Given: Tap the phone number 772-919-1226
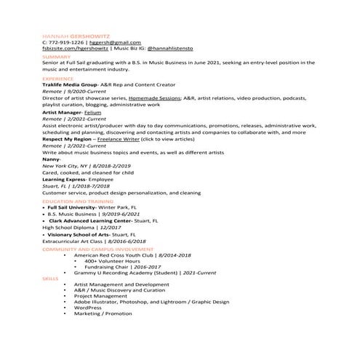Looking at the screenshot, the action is (x=69, y=42).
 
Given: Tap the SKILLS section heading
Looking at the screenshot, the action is (x=50, y=278).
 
